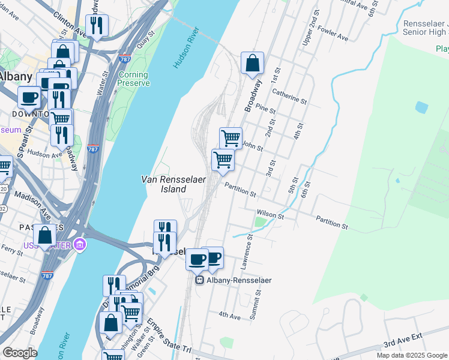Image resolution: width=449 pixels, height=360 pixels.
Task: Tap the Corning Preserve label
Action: click(133, 79)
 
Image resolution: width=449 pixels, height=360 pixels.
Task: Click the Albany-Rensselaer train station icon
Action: click(199, 280)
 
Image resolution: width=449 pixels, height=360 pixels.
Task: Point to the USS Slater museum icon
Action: click(80, 245)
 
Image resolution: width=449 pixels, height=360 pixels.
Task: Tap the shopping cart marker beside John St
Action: click(231, 139)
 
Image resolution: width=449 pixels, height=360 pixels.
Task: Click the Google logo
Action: click(20, 353)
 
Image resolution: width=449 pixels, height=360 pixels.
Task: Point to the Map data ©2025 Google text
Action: click(411, 355)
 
